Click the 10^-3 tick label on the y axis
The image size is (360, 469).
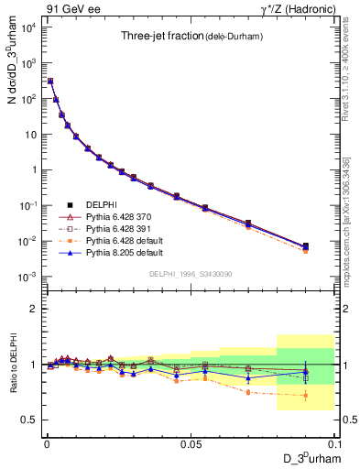28,277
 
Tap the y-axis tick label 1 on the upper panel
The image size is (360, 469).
34,169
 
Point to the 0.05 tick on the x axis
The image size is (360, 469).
191,442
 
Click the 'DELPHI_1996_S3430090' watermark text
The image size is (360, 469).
191,275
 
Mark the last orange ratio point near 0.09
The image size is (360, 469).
306,396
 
